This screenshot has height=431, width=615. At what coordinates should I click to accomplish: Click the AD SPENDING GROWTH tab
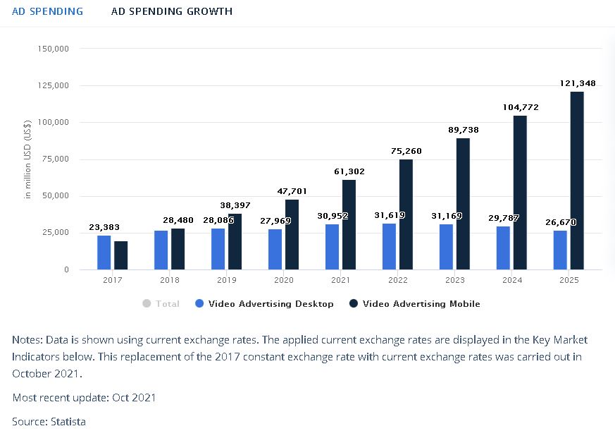point(172,11)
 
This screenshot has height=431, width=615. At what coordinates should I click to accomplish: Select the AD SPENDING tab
point(47,11)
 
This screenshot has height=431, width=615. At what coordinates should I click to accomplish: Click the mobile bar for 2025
point(577,181)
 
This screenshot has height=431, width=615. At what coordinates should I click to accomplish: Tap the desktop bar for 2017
point(104,253)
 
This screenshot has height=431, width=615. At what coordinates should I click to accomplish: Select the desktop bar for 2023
point(446,247)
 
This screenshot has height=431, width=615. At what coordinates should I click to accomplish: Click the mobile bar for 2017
point(121,255)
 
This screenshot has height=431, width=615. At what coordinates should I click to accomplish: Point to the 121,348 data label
point(578,83)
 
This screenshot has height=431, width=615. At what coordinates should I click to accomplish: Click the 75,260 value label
point(406,151)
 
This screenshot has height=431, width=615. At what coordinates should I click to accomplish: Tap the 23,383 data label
point(104,227)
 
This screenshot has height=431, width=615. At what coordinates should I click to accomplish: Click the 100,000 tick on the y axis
point(54,123)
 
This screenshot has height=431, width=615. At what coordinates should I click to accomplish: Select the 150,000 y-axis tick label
point(54,49)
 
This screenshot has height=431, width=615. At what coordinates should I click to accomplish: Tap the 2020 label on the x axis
point(284,280)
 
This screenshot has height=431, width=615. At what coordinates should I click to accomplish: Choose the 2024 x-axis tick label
point(511,280)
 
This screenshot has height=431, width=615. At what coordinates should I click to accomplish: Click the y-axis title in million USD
point(28,159)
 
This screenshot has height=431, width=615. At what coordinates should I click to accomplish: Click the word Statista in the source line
point(68,422)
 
